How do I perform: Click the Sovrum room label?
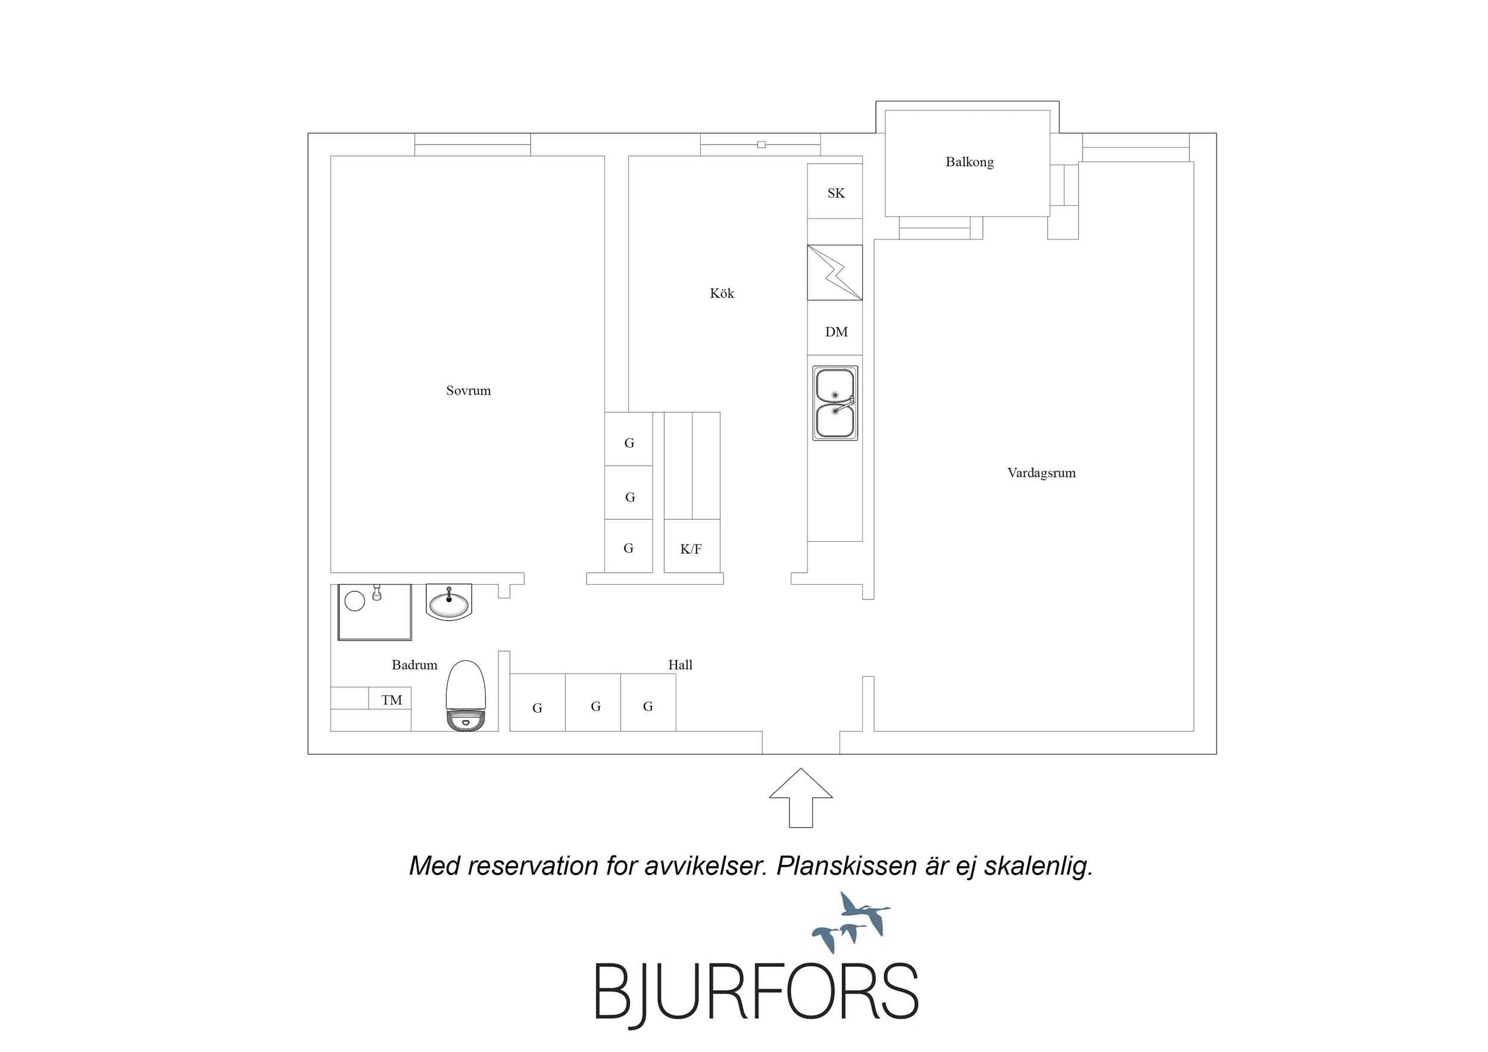(x=468, y=390)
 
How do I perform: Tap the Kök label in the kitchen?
(x=721, y=293)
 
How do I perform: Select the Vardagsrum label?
(x=1041, y=473)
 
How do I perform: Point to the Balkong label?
(x=969, y=162)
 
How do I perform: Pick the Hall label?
(x=680, y=664)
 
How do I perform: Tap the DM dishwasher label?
(x=836, y=332)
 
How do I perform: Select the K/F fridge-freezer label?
(x=691, y=549)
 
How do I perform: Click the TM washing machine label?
(x=391, y=700)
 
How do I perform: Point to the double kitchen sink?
(x=835, y=403)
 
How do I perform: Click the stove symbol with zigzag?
(x=835, y=272)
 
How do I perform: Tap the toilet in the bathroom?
(x=466, y=695)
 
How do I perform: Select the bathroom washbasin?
(x=448, y=602)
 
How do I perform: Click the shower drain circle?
(x=354, y=601)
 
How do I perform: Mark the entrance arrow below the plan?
(x=801, y=798)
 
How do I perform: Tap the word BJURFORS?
(x=756, y=992)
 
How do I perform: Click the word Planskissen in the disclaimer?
(x=846, y=866)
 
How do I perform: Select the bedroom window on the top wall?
(x=472, y=145)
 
